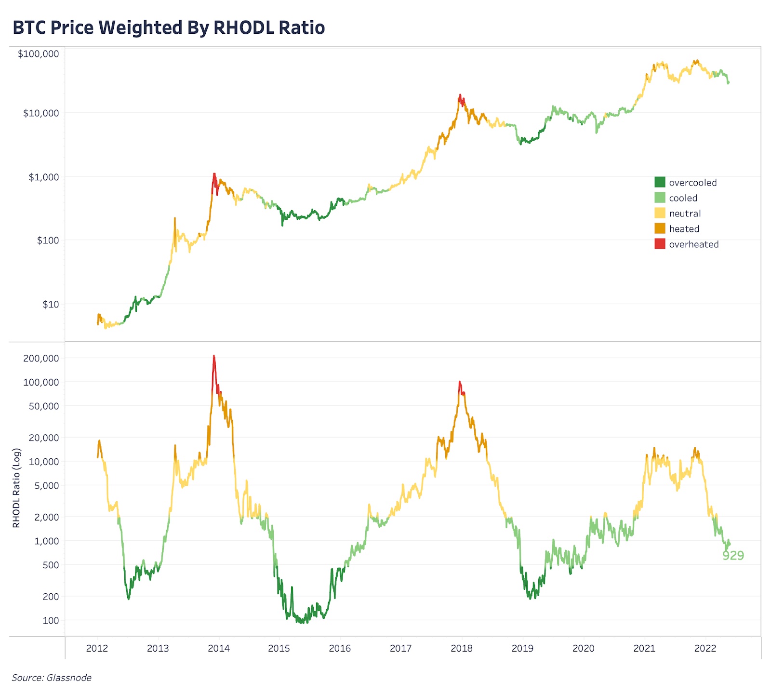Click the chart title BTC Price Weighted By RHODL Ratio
point(169,28)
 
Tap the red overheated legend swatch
point(660,244)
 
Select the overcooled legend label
point(692,183)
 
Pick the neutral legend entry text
point(685,214)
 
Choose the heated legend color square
point(660,228)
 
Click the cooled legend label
point(683,198)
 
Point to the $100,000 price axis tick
point(39,53)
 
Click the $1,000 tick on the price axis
point(44,177)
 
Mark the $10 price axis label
point(51,304)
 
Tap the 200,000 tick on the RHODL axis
point(41,358)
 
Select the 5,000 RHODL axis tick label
point(47,485)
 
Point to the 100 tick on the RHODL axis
point(51,620)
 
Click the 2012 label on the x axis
point(97,648)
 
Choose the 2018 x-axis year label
point(462,648)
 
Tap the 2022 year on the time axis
point(705,648)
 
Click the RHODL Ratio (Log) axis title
point(16,488)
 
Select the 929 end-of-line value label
point(733,556)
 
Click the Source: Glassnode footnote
point(52,678)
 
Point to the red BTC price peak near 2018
point(460,96)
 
